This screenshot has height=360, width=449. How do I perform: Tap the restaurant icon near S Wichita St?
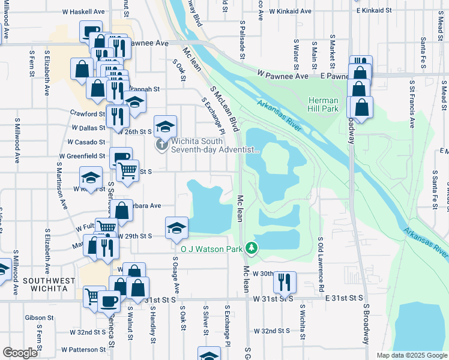click(285, 281)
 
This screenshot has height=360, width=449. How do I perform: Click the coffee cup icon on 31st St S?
click(109, 301)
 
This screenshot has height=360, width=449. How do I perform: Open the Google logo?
click(20, 353)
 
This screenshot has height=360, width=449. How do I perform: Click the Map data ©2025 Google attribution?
click(411, 355)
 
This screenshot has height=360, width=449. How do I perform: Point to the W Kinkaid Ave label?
click(291, 11)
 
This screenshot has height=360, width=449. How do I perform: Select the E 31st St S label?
click(345, 298)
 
